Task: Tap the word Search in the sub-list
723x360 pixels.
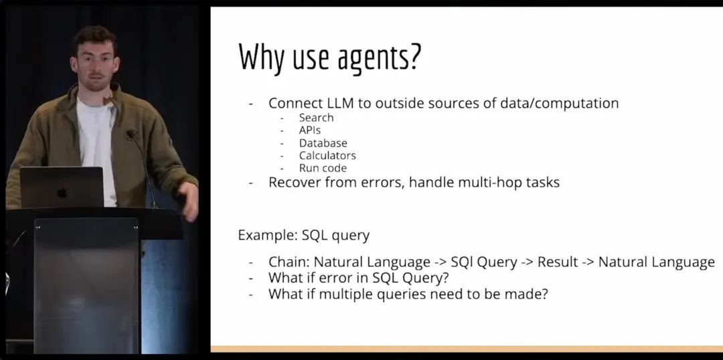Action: click(x=316, y=118)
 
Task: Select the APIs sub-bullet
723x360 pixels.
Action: click(x=309, y=130)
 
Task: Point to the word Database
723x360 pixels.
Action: click(x=323, y=143)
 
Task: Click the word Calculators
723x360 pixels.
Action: click(x=327, y=155)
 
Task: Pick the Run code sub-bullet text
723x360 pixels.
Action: click(x=322, y=168)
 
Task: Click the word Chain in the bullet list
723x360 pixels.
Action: click(x=289, y=262)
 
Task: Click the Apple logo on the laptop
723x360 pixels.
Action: click(x=62, y=192)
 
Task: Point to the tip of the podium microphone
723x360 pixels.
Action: click(x=131, y=134)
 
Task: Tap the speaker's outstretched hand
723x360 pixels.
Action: click(x=189, y=201)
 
